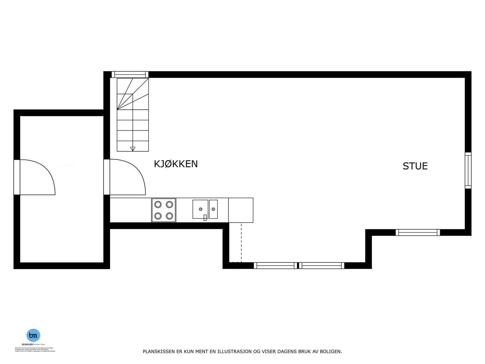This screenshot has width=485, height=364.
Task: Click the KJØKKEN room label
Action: [176, 164]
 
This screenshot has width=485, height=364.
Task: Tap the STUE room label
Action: [415, 166]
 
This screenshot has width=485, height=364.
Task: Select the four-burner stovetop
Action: [164, 210]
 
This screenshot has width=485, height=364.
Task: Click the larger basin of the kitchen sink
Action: [200, 209]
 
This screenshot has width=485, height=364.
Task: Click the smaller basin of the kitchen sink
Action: [213, 209]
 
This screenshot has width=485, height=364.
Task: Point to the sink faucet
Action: [205, 217]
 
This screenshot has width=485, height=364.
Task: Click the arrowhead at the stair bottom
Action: [132, 149]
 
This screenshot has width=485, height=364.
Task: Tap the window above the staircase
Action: [130, 74]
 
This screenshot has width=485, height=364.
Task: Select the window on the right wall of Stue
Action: [468, 170]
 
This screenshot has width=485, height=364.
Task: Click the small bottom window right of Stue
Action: [418, 232]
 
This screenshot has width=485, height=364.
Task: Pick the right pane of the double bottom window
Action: [322, 266]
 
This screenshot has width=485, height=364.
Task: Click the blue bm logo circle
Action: [33, 335]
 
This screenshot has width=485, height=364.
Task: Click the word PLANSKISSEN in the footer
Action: [159, 352]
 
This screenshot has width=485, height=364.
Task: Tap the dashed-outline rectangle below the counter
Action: [235, 243]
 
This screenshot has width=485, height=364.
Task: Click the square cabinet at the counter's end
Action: [241, 210]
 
